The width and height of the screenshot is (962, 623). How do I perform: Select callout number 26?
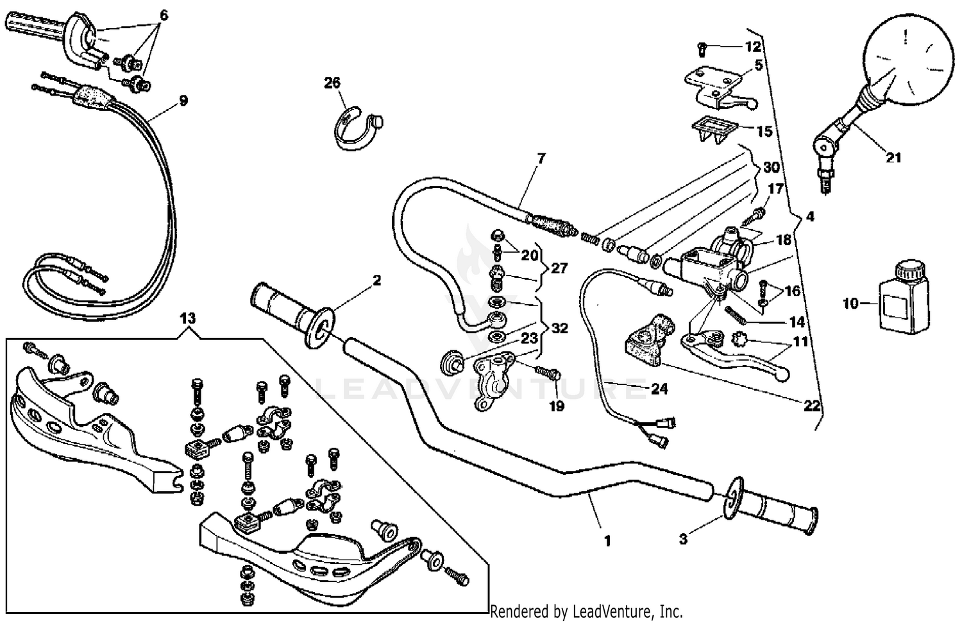point(332,83)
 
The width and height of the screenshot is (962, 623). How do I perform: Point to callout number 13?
point(187,319)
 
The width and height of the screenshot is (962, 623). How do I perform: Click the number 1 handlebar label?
point(607,541)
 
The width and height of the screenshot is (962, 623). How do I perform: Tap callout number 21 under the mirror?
point(893,157)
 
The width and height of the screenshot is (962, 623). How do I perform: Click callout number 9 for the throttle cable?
point(183,101)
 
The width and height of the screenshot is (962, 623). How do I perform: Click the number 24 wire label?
point(659,389)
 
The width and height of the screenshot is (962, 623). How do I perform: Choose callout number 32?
point(560,328)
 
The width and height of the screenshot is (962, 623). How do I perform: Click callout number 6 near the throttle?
point(164,14)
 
